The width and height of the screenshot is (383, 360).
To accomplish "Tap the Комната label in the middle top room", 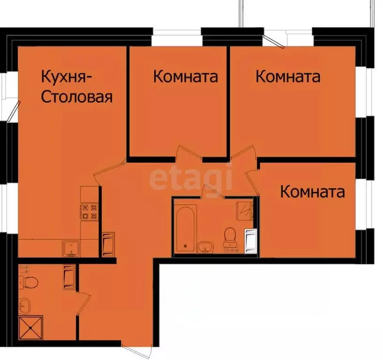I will tap(185, 77).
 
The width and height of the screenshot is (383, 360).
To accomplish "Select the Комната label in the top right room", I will tap(288, 77).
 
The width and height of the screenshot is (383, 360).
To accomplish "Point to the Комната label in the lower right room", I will tap(312, 191).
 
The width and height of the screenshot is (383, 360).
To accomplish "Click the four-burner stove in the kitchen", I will tap(89, 211).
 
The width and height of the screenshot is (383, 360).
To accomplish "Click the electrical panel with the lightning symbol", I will tap(245, 211).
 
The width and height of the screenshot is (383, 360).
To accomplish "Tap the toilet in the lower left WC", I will tap(28, 282).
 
